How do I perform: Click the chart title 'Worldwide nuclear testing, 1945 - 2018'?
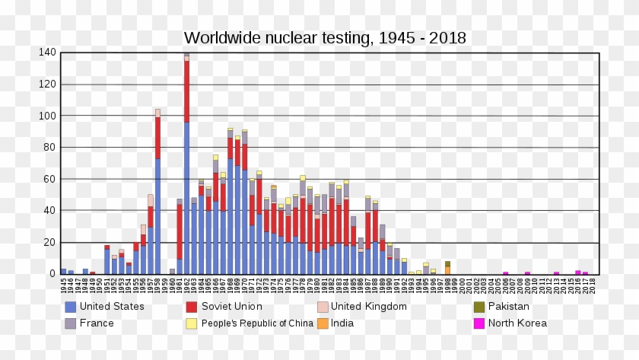325,38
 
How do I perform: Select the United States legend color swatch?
71,307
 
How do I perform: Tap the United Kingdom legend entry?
368,307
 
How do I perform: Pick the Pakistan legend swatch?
479,307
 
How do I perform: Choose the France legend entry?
96,323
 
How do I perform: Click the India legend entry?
342,323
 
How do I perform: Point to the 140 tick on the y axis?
47,53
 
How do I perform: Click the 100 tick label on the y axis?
47,116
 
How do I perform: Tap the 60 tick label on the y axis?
49,179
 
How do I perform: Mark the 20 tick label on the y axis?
49,242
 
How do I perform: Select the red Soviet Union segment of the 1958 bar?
157,138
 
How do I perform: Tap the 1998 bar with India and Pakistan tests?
447,268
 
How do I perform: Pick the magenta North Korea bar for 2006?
505,272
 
